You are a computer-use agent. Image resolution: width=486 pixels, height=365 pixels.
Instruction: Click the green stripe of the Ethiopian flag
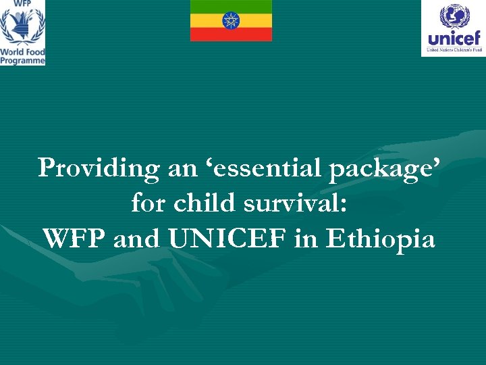pos(231,5)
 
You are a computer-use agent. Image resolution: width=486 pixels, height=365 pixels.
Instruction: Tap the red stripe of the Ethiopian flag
pos(231,34)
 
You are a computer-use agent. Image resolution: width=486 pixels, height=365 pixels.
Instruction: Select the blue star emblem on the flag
pos(231,20)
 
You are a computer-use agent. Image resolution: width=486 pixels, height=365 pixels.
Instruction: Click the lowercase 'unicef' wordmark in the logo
pos(454,38)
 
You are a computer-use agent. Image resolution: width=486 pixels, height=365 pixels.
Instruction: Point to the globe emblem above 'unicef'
pos(454,16)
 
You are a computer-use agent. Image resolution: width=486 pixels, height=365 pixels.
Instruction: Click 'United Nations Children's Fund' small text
pos(454,50)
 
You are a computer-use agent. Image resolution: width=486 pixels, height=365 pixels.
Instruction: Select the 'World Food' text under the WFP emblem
pos(22,51)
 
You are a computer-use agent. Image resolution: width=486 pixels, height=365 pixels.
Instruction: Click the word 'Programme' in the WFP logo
pos(22,60)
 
